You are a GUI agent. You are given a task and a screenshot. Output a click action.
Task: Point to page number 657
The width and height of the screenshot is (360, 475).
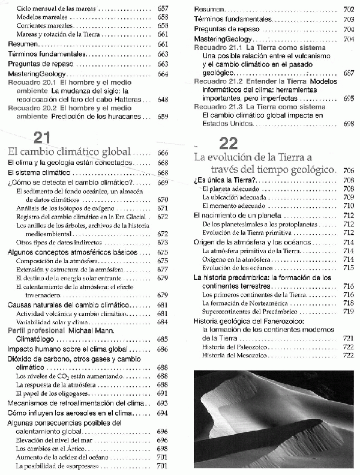(x=162, y=10)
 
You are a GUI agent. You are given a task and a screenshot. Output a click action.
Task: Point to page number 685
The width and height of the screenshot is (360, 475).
(x=162, y=339)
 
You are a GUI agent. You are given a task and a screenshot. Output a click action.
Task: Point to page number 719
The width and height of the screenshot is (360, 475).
(x=348, y=311)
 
